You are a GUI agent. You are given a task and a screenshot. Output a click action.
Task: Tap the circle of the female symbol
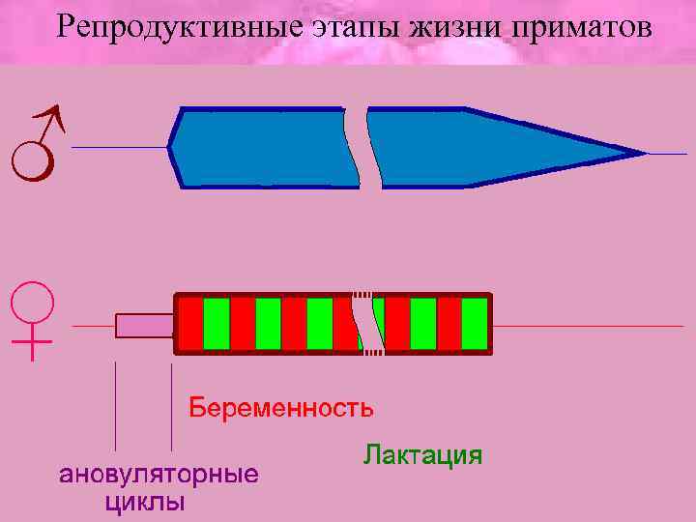33,301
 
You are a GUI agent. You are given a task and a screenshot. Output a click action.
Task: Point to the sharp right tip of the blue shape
640,153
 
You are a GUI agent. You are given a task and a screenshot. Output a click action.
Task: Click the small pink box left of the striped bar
143,326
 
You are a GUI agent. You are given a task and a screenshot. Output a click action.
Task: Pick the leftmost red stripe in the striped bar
191,324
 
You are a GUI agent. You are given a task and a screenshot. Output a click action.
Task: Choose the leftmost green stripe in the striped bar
217,324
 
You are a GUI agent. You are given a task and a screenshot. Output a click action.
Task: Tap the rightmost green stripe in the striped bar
475,324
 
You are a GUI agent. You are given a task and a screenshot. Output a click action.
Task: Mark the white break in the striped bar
365,324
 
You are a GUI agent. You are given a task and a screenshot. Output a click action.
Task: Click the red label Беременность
280,406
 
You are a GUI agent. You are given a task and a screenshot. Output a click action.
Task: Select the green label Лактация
422,454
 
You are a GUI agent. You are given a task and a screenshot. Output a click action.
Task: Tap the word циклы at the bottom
145,502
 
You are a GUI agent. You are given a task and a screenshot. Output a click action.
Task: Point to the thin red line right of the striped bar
580,326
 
